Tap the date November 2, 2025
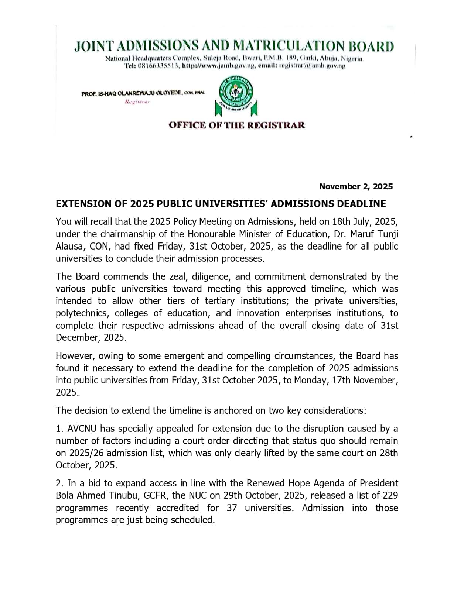click(356, 186)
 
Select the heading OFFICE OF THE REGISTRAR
click(237, 125)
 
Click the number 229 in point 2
click(390, 495)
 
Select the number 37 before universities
click(232, 508)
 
